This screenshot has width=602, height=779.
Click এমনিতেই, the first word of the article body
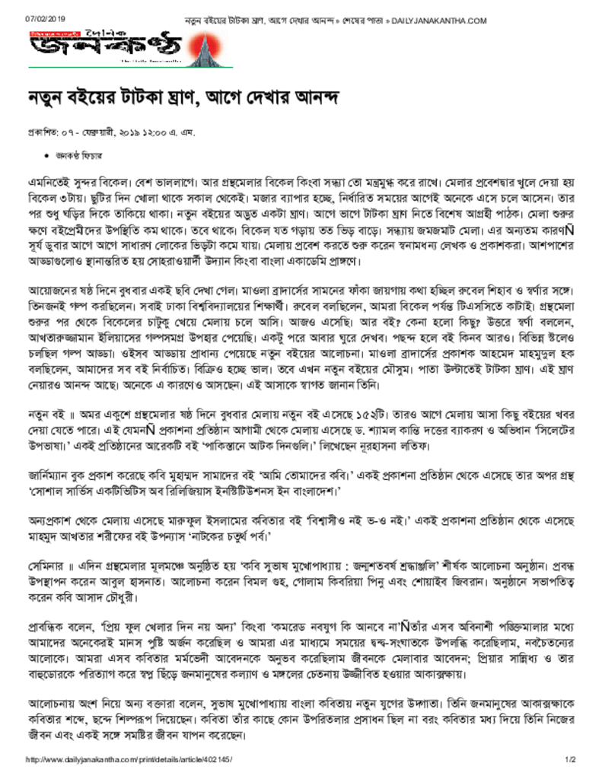tap(49, 183)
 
